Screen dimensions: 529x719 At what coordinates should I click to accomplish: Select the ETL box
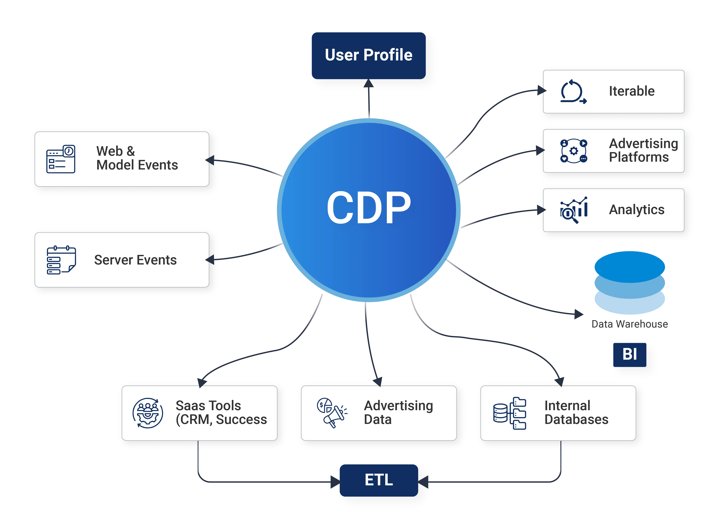(x=379, y=480)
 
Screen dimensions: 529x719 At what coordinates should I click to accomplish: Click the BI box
(x=629, y=354)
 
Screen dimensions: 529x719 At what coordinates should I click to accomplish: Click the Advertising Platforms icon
(x=573, y=151)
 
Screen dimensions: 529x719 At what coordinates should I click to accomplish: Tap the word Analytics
(x=636, y=210)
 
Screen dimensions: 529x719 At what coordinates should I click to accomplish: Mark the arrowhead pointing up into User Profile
(x=369, y=83)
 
